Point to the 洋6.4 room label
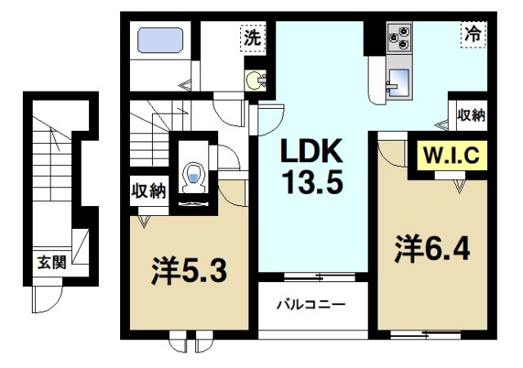click(433, 247)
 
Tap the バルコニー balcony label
click(310, 304)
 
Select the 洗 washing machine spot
click(253, 38)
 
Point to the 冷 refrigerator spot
click(472, 36)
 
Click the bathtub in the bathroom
click(159, 41)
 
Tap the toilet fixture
click(194, 175)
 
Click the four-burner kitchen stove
click(400, 38)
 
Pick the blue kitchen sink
click(401, 82)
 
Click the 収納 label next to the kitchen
click(471, 115)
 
